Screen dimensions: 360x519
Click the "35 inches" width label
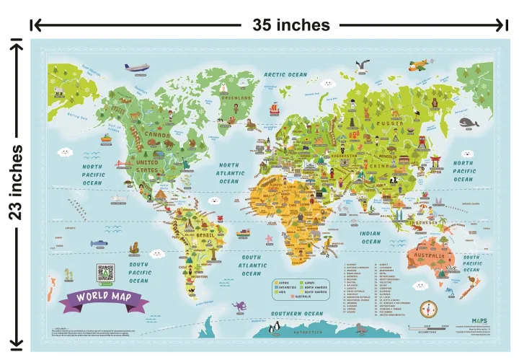290,25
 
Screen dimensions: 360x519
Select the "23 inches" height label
16,182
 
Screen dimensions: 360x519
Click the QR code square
106,273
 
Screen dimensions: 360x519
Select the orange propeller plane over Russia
417,66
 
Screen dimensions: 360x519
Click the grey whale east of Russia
470,123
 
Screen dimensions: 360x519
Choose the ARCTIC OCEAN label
285,74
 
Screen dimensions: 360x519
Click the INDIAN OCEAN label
371,237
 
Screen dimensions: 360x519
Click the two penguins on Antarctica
275,330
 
